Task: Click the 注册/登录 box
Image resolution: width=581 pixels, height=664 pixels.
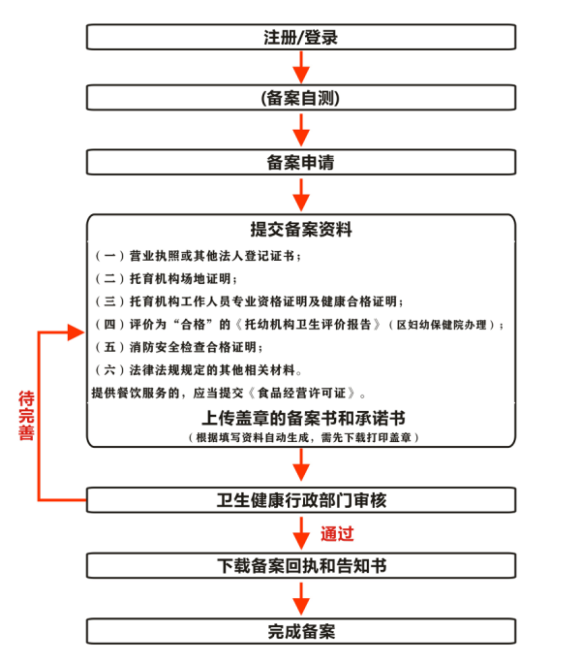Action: (301, 37)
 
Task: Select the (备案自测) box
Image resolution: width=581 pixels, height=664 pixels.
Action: (301, 98)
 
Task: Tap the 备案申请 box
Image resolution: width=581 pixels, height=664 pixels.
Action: (301, 162)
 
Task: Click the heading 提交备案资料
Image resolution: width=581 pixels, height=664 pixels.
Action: (301, 230)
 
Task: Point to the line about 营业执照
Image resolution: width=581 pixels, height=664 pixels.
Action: (198, 256)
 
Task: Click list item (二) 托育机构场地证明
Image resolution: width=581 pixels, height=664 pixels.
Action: (166, 278)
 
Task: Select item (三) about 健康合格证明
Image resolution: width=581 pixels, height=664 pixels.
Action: (249, 301)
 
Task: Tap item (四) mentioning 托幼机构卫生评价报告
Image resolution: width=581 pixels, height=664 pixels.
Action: (299, 325)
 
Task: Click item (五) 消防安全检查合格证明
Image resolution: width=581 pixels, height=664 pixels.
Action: (178, 347)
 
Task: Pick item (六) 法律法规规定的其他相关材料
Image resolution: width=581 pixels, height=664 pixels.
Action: (199, 370)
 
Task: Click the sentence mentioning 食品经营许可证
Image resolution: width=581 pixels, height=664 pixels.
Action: (229, 393)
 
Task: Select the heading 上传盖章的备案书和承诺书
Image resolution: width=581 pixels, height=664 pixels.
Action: (303, 418)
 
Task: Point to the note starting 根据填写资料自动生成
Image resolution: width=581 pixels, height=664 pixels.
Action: (303, 437)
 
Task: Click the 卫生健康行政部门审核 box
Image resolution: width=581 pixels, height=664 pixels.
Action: (301, 500)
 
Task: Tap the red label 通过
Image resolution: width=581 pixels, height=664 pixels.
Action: (337, 534)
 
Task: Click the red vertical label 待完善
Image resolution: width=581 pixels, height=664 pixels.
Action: (26, 416)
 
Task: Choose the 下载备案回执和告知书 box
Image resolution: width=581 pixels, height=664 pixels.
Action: (301, 566)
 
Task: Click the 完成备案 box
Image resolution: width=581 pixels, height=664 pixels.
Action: (301, 631)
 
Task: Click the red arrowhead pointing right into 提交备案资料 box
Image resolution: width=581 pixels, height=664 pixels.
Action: (76, 332)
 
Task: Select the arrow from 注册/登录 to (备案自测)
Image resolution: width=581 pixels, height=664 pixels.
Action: (301, 67)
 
